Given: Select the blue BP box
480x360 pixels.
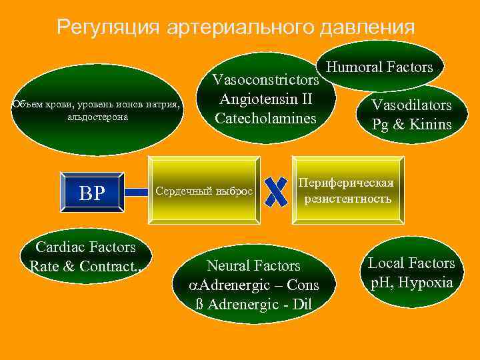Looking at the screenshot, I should (92, 193).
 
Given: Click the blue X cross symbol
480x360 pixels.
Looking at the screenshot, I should (275, 191).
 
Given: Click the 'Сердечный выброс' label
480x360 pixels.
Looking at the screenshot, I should (204, 191).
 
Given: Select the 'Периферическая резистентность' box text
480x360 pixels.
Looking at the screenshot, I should (347, 191).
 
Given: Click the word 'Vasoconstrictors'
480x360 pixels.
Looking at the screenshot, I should (265, 80).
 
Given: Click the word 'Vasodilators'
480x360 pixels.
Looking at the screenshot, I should (411, 105).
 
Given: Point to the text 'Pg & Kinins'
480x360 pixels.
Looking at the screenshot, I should (411, 124).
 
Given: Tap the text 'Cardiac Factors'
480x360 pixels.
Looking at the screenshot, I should (85, 247).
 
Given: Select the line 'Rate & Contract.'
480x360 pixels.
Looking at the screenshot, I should (85, 267).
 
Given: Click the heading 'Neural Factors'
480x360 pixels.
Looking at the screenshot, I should (254, 266).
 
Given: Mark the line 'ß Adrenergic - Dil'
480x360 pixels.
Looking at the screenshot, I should (254, 305).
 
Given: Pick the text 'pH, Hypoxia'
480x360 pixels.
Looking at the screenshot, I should (411, 283).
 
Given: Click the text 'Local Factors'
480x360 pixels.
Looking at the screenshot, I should (411, 263).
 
